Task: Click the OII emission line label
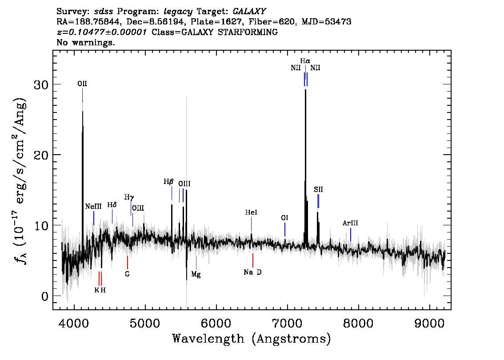(x=82, y=84)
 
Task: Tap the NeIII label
(x=93, y=206)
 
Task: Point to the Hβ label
(x=168, y=182)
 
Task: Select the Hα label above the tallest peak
(x=305, y=61)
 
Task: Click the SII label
(x=319, y=190)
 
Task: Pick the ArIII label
(x=350, y=223)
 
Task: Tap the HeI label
(x=251, y=212)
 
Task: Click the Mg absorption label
(x=196, y=275)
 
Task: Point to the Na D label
(x=252, y=272)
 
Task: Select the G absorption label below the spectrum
(x=127, y=274)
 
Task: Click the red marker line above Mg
(x=196, y=263)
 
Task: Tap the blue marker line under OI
(x=285, y=230)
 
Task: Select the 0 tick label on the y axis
(x=45, y=296)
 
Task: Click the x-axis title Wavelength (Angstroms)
(x=252, y=339)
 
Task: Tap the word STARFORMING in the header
(x=248, y=32)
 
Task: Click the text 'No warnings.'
(x=86, y=42)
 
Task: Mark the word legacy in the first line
(x=178, y=12)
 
